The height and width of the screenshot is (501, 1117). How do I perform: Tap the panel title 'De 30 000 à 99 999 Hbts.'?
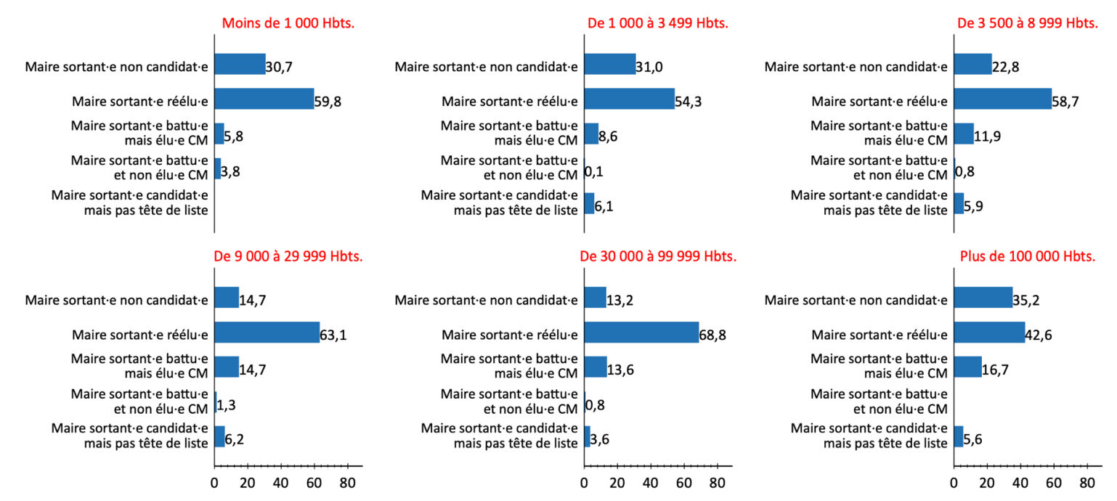pos(658,256)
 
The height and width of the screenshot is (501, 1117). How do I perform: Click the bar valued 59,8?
pos(264,99)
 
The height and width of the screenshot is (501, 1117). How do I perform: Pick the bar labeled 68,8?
pos(641,333)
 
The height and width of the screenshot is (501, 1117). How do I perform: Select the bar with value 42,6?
pos(989,333)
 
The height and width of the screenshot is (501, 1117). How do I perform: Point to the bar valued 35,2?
pos(983,298)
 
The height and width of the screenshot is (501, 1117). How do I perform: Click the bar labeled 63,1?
pos(267,333)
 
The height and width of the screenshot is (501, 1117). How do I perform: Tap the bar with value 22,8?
pos(972,64)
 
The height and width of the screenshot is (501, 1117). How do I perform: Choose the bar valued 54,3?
pos(629,99)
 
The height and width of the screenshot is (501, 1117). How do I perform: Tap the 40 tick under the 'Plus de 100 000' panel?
pos(1020,483)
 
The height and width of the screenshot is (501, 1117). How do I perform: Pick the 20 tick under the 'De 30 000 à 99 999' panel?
pos(617,483)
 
